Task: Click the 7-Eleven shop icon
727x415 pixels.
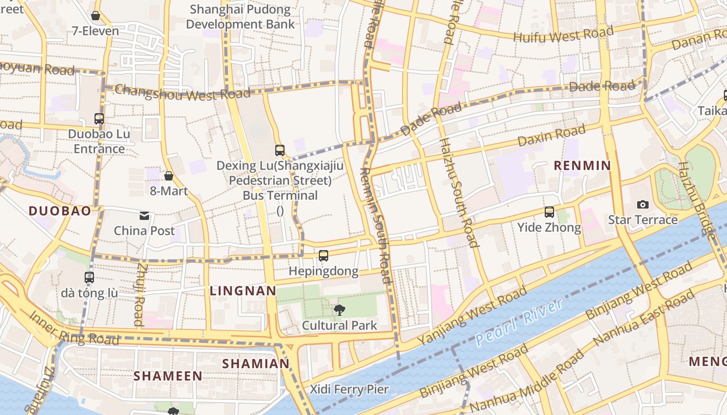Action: [96, 16]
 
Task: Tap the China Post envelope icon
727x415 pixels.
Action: [144, 215]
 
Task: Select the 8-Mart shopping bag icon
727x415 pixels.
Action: [169, 176]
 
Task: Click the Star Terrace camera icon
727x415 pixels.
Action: [642, 204]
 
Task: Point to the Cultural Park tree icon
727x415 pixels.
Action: [340, 310]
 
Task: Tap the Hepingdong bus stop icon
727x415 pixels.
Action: [324, 255]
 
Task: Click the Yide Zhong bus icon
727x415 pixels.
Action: [549, 212]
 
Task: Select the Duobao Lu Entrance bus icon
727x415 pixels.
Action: [99, 118]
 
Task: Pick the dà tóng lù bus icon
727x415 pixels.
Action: [89, 277]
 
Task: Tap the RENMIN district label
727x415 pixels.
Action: [582, 165]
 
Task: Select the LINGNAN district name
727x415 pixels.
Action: [243, 291]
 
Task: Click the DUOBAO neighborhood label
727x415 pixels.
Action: [60, 211]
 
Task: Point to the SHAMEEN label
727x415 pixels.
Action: [168, 376]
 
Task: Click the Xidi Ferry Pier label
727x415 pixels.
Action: [349, 389]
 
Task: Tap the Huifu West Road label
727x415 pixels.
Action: [563, 35]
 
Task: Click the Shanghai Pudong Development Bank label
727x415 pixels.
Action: [240, 17]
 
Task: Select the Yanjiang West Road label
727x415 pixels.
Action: [473, 317]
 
